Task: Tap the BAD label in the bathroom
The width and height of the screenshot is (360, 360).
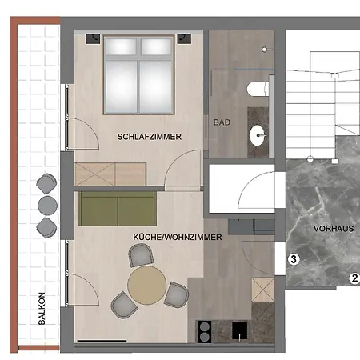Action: (x=222, y=122)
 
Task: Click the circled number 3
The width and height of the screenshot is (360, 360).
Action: (x=294, y=259)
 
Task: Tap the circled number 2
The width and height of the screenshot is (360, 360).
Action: (x=353, y=278)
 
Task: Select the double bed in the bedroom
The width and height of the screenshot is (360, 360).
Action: (x=141, y=76)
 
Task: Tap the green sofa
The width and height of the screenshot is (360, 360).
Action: (x=117, y=210)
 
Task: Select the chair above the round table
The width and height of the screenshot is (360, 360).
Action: (x=142, y=255)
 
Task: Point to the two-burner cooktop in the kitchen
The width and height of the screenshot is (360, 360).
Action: (x=204, y=330)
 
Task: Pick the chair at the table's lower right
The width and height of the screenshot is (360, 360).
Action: (x=175, y=294)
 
